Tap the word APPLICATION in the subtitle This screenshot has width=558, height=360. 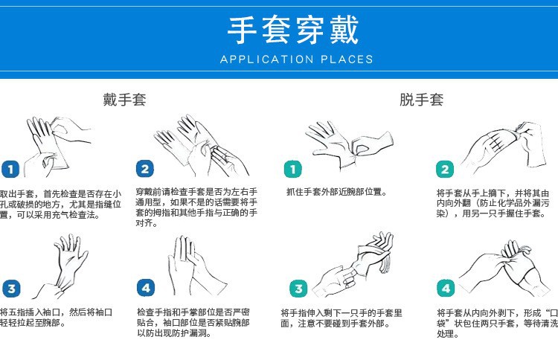260,60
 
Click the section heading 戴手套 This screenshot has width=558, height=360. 124,99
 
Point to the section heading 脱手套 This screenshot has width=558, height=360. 421,99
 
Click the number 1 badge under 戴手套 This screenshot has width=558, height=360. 10,170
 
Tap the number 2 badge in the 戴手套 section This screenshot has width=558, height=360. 146,170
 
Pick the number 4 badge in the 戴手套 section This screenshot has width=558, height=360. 146,289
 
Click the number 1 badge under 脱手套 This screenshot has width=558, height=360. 295,170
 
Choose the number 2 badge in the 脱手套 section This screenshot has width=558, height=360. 446,170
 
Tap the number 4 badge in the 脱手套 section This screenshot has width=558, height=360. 446,289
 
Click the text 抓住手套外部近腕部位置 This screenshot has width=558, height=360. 336,192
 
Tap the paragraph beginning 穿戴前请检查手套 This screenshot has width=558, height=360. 196,202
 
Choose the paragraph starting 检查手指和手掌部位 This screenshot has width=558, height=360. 193,322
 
